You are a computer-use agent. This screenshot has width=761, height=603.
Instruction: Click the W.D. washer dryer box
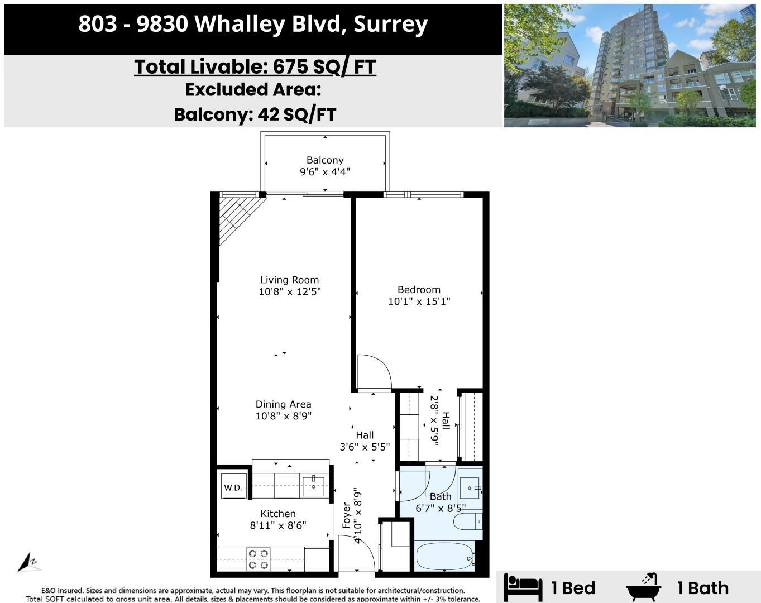233,487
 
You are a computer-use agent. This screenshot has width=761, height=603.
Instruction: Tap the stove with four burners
259,559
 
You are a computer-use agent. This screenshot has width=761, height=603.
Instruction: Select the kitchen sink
314,486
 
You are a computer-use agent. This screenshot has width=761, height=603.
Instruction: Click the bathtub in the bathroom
444,557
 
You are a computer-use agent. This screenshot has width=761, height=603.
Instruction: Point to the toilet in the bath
467,521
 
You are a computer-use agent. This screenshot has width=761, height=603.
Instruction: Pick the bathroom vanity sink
470,488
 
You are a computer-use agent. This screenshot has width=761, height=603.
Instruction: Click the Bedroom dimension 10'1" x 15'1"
419,301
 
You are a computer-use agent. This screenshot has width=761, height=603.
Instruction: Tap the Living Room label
289,280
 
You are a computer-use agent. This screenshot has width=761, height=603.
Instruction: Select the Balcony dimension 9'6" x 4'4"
325,172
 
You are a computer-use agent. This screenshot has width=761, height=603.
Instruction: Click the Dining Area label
283,404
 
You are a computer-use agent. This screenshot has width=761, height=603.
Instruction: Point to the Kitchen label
278,514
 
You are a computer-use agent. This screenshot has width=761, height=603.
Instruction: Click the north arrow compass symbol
28,562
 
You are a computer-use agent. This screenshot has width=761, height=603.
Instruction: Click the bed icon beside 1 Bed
523,587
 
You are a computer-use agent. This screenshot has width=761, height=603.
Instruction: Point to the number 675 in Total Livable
290,67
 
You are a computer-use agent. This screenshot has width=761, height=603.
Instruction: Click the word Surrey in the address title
390,24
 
